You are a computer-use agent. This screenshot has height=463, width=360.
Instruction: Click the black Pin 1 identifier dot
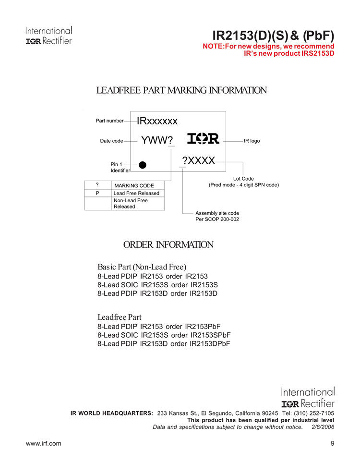[142, 165]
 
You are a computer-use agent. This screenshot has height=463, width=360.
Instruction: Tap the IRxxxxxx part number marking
[157, 121]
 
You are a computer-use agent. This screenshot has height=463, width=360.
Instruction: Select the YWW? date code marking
[157, 140]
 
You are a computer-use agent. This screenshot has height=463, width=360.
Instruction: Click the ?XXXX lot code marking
[198, 160]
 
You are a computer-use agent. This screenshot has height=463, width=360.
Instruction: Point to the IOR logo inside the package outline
[203, 139]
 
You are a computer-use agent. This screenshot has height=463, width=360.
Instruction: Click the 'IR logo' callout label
[252, 141]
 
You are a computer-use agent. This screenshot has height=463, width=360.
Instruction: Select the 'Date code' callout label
[111, 141]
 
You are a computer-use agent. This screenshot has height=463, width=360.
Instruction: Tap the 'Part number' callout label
[109, 121]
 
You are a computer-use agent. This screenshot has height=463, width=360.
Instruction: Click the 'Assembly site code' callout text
[217, 213]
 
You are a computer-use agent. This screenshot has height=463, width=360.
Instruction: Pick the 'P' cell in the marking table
[97, 193]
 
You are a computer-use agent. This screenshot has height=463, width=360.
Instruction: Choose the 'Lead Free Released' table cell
[136, 193]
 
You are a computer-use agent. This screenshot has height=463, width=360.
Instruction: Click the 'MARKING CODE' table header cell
[134, 185]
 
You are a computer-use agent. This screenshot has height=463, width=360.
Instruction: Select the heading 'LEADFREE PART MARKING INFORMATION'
[181, 90]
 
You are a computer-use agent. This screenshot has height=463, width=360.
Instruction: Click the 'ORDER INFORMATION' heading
[168, 245]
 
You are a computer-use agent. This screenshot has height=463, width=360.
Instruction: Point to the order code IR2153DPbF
[210, 343]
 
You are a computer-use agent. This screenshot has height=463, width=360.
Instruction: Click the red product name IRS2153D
[314, 53]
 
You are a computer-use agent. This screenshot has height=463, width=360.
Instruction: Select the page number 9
[332, 443]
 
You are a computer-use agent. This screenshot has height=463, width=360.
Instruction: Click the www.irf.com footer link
[43, 443]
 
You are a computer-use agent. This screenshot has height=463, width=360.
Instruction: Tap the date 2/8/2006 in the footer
[323, 426]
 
